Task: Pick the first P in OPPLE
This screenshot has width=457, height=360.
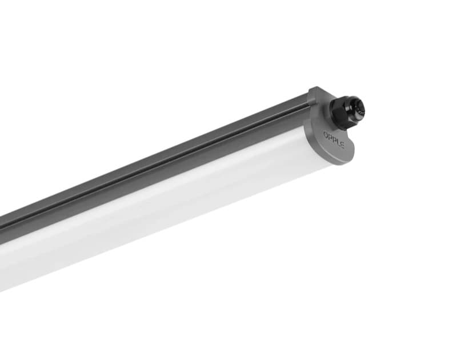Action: coord(330,137)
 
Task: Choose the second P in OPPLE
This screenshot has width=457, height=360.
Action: coord(334,139)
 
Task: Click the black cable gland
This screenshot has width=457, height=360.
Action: coord(346,111)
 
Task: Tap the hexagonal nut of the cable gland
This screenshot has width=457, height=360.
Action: coord(340,114)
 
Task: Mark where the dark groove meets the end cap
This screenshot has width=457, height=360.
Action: coord(308,106)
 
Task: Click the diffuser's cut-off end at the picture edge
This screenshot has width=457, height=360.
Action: coord(3,269)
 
